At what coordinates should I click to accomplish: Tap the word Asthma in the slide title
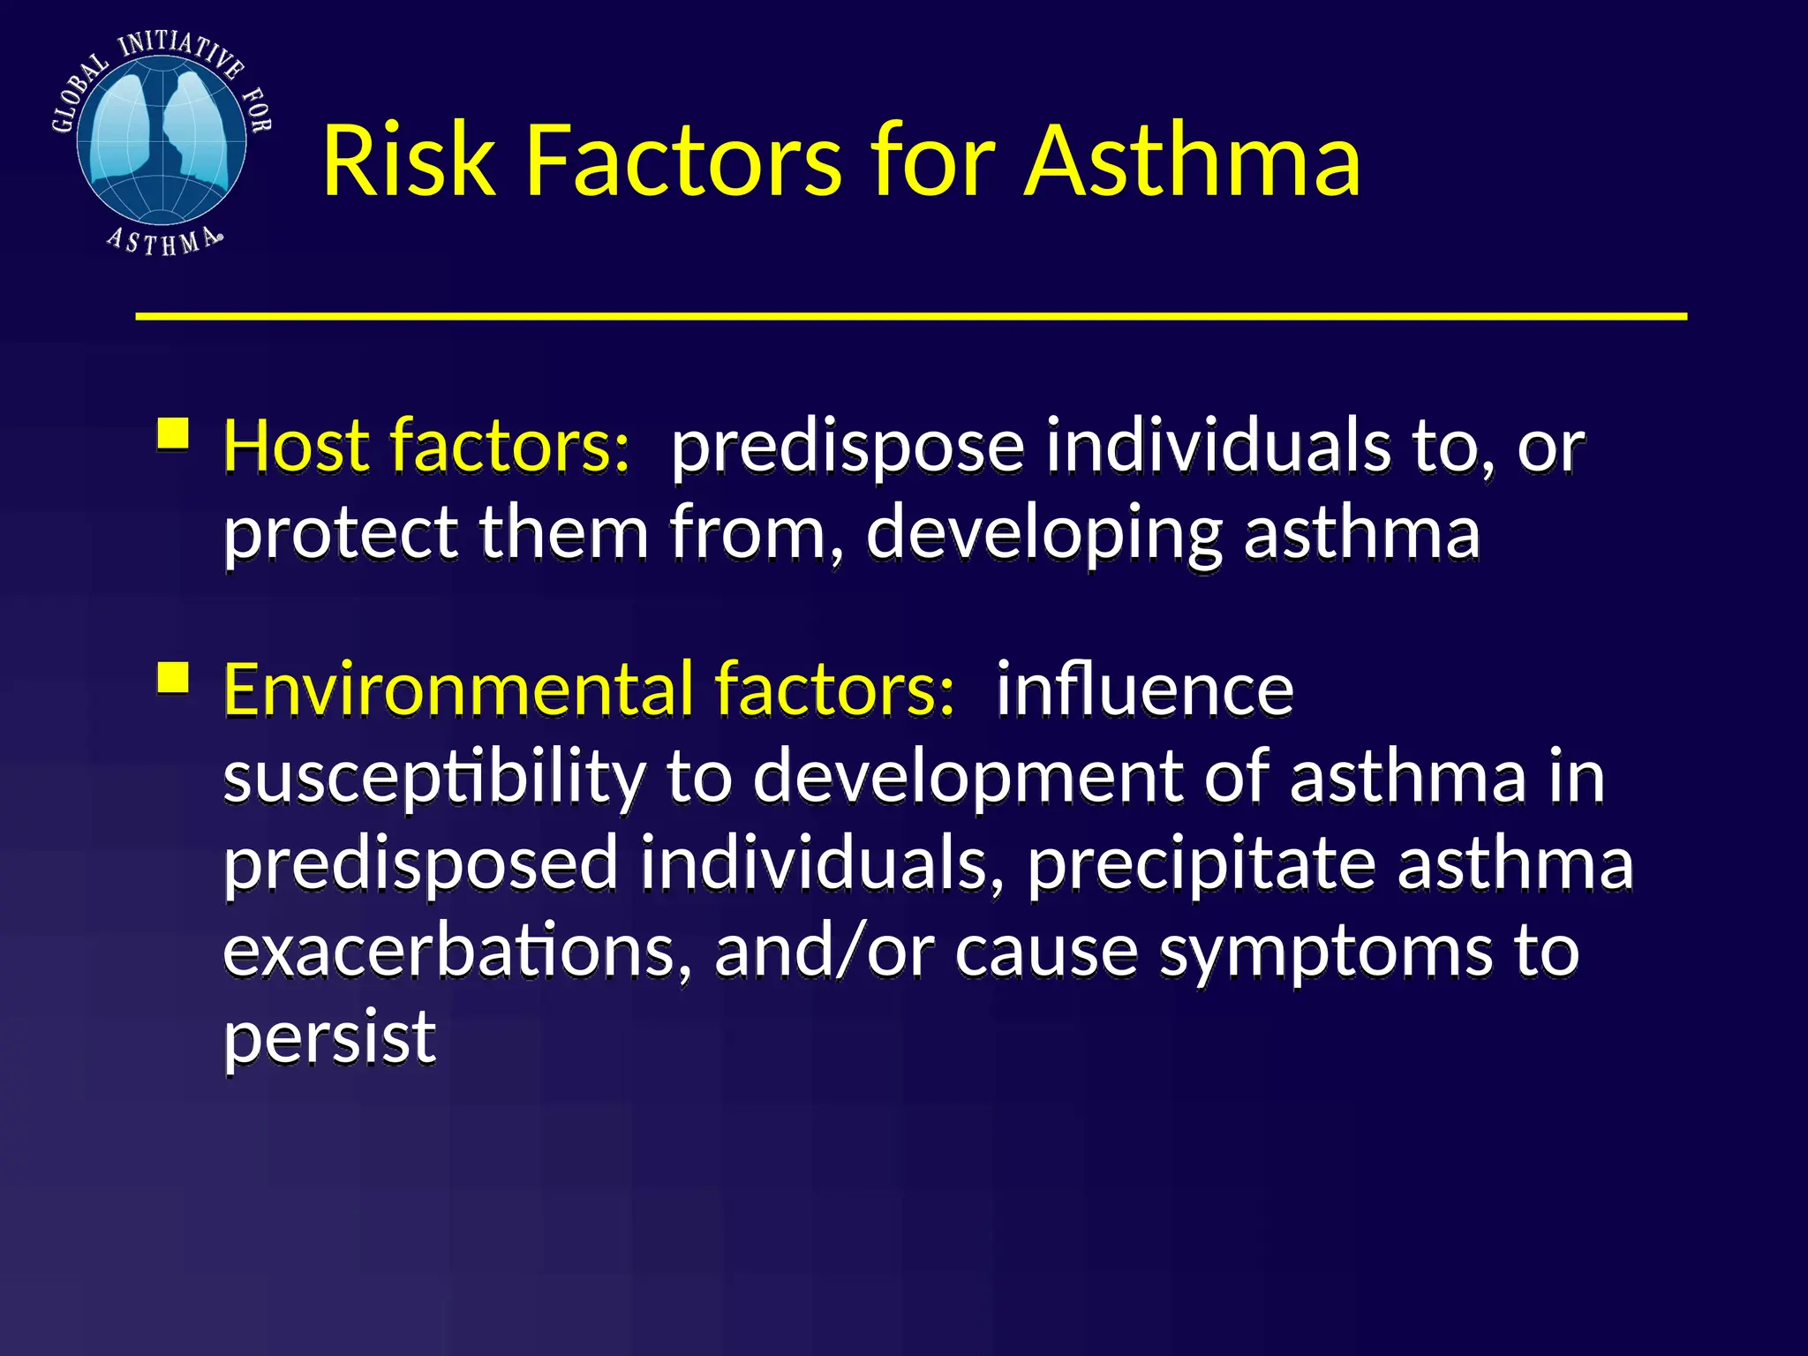tap(1192, 161)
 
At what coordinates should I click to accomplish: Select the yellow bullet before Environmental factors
tap(173, 678)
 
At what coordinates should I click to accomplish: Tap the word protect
tap(340, 534)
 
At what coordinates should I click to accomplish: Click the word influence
tap(1144, 689)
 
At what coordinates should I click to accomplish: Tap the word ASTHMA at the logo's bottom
tap(163, 241)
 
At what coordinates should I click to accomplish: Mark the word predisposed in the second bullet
tap(420, 865)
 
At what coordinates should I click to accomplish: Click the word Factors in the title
tap(683, 161)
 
